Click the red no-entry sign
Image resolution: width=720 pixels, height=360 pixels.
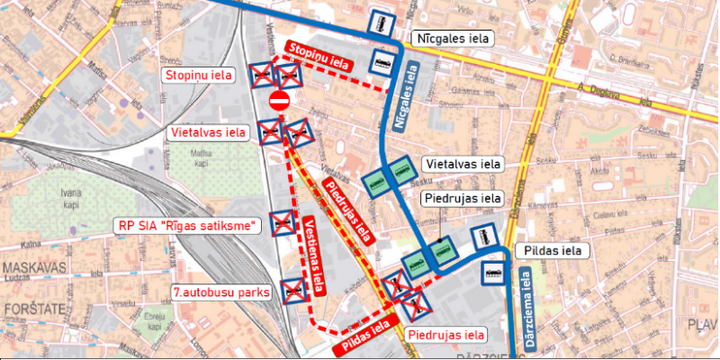pos(279,100)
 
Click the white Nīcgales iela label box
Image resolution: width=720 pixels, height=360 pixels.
pos(451,39)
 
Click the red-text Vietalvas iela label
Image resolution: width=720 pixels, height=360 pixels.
pos(208,133)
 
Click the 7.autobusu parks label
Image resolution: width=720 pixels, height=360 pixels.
pos(221,292)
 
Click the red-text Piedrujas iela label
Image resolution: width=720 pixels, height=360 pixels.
pos(446,335)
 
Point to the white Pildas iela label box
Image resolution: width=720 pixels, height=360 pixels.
pos(552,250)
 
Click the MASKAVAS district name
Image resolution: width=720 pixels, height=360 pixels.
pos(30,269)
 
